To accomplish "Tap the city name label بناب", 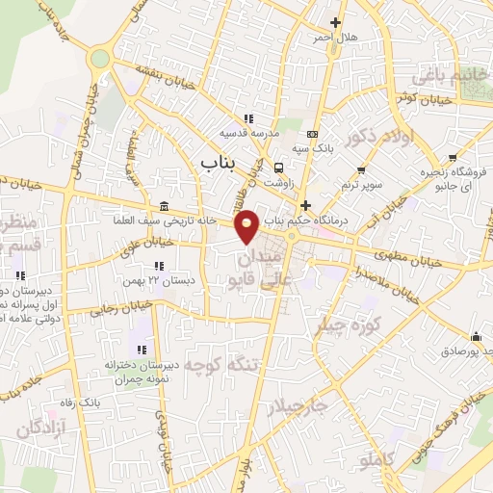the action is point(217,163).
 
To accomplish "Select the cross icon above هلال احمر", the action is point(335,22).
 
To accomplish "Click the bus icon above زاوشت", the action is point(277,165).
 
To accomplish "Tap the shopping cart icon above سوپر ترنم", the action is point(360,170).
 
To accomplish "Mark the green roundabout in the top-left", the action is point(99,59).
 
